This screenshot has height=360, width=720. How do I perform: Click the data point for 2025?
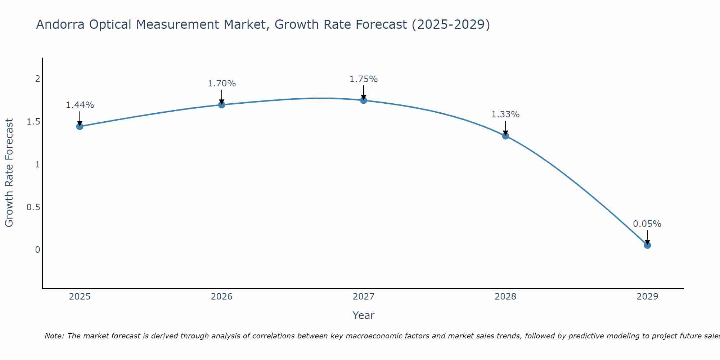click(x=80, y=126)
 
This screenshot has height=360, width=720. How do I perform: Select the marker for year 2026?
click(x=222, y=105)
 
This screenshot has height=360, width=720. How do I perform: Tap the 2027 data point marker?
click(x=364, y=100)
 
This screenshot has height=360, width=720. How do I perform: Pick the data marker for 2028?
click(x=505, y=136)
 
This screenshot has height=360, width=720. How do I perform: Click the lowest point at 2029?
click(x=647, y=245)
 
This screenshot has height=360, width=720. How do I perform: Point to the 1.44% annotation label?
click(x=80, y=105)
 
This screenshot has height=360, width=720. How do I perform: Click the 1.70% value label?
click(x=222, y=84)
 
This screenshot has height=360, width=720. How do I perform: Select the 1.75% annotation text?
click(x=364, y=79)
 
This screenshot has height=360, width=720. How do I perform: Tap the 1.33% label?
click(x=505, y=114)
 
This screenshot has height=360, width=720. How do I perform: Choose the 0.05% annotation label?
click(x=647, y=224)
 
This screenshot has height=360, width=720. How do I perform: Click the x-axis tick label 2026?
click(x=222, y=297)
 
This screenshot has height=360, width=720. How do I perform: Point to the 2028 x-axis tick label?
click(x=505, y=297)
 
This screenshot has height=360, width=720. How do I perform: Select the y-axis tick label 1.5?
click(x=33, y=122)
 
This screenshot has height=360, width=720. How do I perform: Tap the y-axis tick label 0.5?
click(x=33, y=207)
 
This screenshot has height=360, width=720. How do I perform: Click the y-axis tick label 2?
click(x=37, y=79)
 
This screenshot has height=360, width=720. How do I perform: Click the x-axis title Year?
click(x=364, y=315)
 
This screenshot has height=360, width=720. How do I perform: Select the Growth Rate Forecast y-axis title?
click(x=9, y=173)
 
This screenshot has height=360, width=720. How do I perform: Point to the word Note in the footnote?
click(x=54, y=336)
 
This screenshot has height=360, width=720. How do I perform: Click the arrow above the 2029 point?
click(x=647, y=237)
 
